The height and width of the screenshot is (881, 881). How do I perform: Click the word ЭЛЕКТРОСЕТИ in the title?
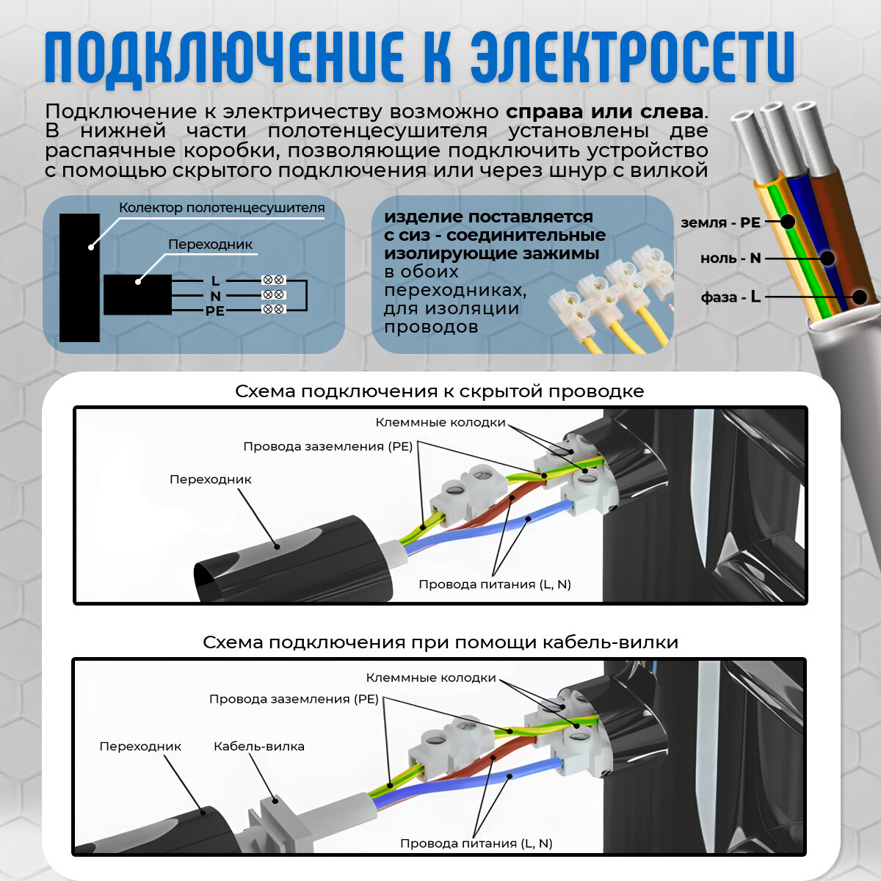coord(631,57)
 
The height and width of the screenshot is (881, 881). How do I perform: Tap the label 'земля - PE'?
coord(720,222)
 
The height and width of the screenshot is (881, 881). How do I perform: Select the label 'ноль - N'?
coord(730,258)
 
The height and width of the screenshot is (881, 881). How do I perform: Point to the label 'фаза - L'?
coord(730,297)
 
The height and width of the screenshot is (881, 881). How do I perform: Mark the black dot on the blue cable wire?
coord(827,258)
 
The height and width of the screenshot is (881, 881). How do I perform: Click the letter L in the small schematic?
coord(215,280)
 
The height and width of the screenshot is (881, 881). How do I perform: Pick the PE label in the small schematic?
coord(215,311)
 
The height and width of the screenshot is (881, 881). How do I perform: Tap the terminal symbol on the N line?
coord(274,295)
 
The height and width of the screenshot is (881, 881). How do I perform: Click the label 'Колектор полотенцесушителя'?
coord(222,208)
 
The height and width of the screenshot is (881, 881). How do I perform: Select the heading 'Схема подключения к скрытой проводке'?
coord(439,391)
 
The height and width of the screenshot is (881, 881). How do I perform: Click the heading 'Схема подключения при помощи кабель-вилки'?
coord(440,642)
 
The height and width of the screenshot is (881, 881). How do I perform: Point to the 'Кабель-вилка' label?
coord(258,747)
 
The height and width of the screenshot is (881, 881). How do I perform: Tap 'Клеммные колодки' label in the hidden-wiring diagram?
coord(440,422)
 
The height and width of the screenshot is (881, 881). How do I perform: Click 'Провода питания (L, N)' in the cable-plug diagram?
coord(476,844)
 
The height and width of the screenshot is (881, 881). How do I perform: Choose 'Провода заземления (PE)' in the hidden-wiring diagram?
coord(328,446)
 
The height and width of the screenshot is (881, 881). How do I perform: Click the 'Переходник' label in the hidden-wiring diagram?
coord(211,479)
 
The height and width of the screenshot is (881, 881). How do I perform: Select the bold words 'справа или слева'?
coord(604,112)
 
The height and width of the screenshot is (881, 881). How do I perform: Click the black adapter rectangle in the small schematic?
coord(137,294)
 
